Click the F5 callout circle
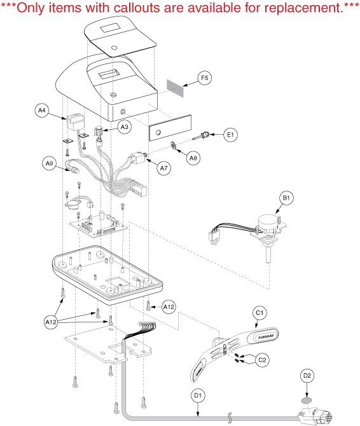point(204,78)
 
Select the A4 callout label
point(41,110)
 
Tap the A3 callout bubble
point(125,127)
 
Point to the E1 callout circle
point(230,135)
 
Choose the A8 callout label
point(193,158)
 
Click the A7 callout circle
point(164,168)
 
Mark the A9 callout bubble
point(49,163)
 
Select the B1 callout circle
point(286,198)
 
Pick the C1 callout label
point(260,313)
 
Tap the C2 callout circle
point(262,360)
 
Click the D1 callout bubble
point(198,395)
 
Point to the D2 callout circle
point(307,376)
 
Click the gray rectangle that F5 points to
point(176,88)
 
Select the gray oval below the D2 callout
point(307,401)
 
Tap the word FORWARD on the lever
point(264,336)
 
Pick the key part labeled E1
point(200,136)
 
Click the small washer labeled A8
point(174,146)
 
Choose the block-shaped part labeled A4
point(75,122)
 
